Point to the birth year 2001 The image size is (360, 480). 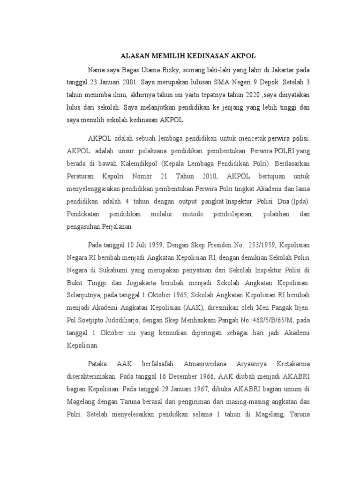pyautogui.click(x=130, y=82)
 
